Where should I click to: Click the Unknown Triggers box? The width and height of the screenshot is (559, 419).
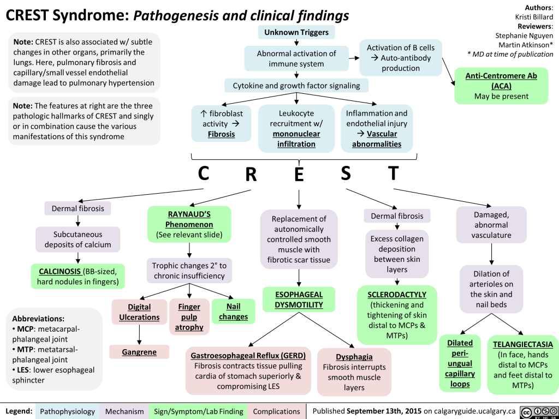pos(296,33)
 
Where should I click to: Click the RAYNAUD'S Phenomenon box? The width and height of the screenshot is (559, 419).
pos(189,224)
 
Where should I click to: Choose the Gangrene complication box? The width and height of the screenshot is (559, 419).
pos(139,352)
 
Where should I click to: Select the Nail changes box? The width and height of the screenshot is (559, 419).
pos(233,312)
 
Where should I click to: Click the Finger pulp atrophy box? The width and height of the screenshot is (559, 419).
pos(189,316)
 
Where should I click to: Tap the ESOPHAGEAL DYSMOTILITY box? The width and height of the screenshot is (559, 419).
pos(299,300)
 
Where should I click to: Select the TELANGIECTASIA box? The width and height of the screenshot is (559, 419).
pos(522,364)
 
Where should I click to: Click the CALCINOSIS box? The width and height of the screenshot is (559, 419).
pos(78,277)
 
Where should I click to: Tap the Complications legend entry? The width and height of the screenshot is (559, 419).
pos(276,411)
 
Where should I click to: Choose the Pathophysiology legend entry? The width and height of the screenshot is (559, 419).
pos(68,411)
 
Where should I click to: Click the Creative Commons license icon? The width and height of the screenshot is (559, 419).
pos(538,411)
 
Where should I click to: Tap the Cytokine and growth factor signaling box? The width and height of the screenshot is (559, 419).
pos(296,85)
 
